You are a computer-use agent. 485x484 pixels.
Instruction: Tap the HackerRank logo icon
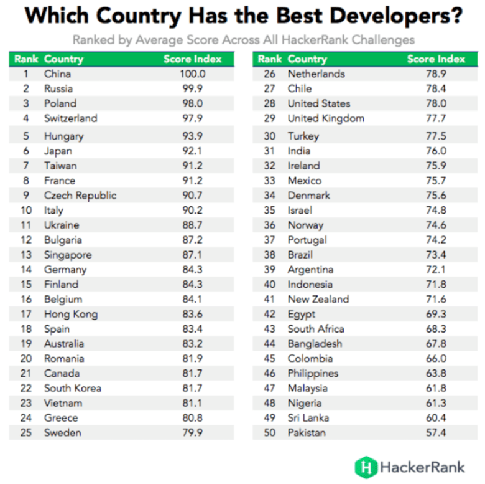click(366, 466)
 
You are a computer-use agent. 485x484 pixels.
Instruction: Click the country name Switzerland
click(70, 118)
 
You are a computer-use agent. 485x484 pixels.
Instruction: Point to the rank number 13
click(26, 255)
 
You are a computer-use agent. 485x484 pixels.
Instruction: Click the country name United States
click(318, 103)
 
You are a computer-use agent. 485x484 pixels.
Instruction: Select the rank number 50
click(270, 433)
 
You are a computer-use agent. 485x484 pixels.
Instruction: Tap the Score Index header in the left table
click(192, 59)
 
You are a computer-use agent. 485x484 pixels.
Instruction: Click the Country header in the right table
click(307, 59)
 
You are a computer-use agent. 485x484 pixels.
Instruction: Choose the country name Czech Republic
click(80, 196)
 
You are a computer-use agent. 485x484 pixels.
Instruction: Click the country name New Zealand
click(318, 300)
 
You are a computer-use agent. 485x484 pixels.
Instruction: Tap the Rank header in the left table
click(26, 59)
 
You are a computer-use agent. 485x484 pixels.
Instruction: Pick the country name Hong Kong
click(70, 315)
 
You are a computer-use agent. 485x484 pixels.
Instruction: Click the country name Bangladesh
click(315, 344)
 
